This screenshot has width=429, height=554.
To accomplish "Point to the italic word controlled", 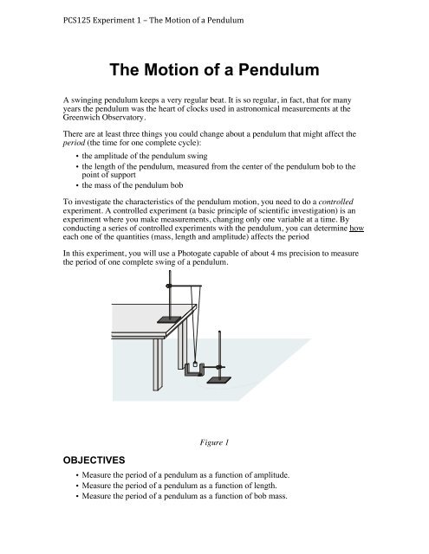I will click(x=357, y=223).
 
